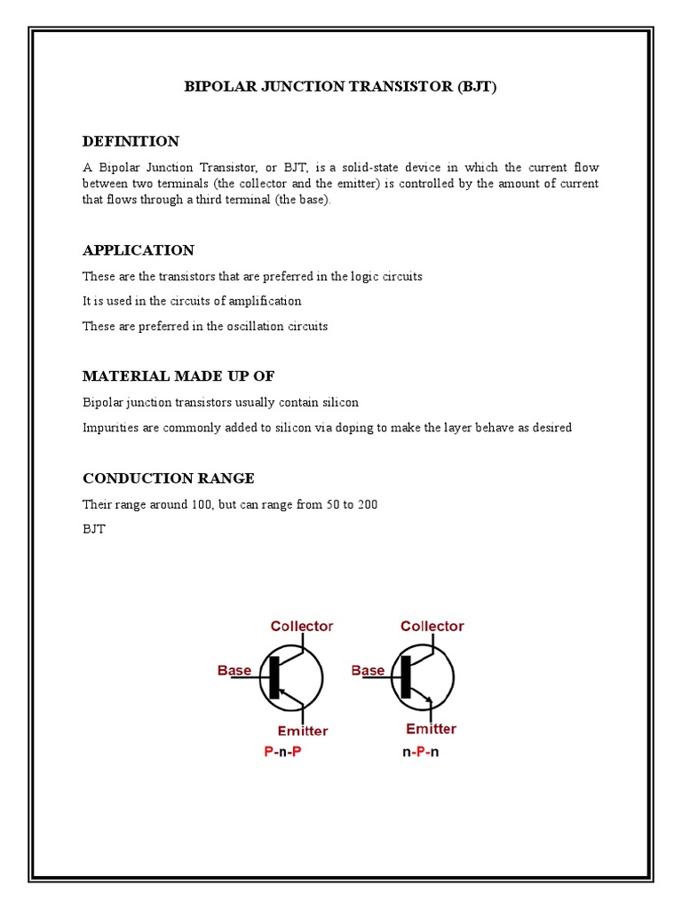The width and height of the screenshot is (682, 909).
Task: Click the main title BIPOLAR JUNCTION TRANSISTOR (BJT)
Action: (x=340, y=87)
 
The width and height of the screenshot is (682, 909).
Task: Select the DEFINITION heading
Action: (x=131, y=141)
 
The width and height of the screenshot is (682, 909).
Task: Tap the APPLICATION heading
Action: (x=138, y=250)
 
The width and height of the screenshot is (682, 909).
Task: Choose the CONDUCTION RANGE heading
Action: (x=168, y=478)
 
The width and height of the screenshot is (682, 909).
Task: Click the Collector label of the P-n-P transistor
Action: (x=302, y=627)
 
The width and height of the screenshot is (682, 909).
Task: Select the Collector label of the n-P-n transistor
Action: (x=432, y=627)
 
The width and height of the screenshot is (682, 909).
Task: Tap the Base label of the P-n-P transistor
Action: (x=234, y=671)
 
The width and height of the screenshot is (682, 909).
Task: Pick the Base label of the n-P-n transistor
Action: (x=368, y=671)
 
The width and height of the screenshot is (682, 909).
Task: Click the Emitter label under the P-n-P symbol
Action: (x=302, y=731)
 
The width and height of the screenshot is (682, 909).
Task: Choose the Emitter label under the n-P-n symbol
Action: (x=431, y=730)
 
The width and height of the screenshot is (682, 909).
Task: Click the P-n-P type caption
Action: (x=288, y=752)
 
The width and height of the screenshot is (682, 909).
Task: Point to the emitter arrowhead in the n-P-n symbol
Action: (x=429, y=701)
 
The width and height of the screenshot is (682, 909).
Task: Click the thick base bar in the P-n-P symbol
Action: (x=274, y=677)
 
